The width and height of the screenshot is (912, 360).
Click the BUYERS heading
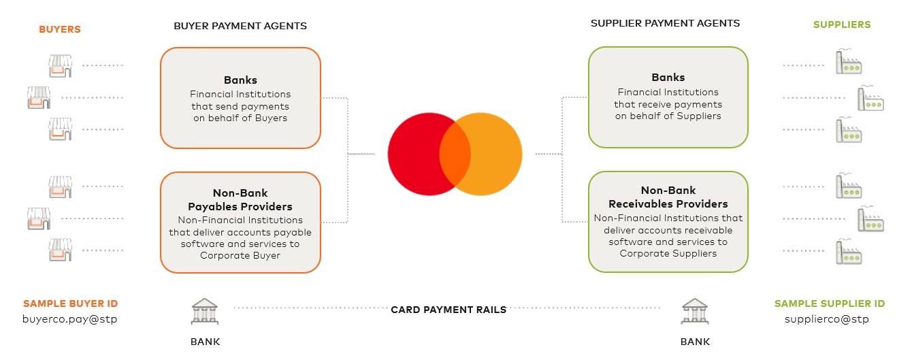tap(60, 29)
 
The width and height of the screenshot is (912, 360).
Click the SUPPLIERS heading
tap(842, 24)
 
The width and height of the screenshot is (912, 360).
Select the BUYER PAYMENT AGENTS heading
tap(240, 26)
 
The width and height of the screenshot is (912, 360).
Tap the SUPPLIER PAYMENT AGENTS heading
tap(665, 23)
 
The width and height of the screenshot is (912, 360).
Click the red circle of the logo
tap(415, 154)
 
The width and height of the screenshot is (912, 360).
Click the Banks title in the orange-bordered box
tap(240, 80)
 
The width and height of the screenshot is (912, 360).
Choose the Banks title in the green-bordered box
tap(668, 78)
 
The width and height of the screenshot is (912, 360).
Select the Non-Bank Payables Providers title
tap(240, 200)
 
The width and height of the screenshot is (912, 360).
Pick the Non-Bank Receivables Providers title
tap(668, 197)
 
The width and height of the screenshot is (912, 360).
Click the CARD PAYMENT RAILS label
tap(449, 310)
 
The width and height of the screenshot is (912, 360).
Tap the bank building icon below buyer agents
tap(205, 311)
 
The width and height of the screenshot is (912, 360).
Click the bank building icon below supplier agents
tap(695, 311)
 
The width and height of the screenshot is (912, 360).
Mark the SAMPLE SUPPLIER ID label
tap(830, 304)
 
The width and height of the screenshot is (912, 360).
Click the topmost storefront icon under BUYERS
tap(60, 65)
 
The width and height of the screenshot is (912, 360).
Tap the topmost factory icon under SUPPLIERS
tap(849, 63)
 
